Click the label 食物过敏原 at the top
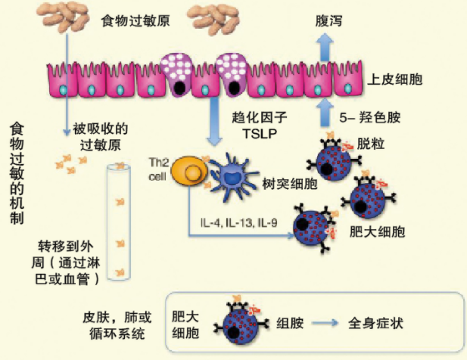[x=135, y=21]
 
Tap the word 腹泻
[x=328, y=21]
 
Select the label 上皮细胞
[x=395, y=79]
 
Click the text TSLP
[x=260, y=134]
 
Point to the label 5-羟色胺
[x=370, y=118]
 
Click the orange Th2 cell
[x=189, y=171]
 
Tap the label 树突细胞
[x=289, y=185]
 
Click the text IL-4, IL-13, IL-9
[x=239, y=223]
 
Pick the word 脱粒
[x=371, y=144]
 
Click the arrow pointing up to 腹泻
[x=326, y=47]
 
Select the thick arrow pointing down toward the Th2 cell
[x=214, y=122]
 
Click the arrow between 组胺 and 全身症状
[x=325, y=323]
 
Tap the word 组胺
[x=290, y=323]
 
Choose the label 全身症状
[x=376, y=323]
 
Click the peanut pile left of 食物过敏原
[x=63, y=17]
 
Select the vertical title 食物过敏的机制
[x=17, y=173]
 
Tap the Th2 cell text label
[x=158, y=169]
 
